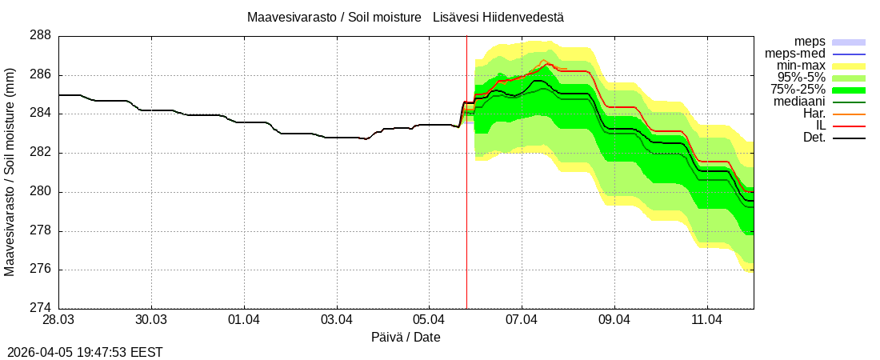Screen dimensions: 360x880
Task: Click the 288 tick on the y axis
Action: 41,35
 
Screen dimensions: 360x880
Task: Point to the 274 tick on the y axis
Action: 41,308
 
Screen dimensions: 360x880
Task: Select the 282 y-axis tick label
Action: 41,152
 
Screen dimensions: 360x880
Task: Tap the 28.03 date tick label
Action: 58,320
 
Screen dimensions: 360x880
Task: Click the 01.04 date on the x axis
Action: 243,320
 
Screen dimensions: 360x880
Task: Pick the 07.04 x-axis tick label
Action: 522,320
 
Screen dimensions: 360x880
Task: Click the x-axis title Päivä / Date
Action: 406,338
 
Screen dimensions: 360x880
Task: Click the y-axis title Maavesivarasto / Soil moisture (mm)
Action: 10,171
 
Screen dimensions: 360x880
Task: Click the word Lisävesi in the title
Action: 454,17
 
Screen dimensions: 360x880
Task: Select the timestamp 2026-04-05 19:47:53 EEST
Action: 85,351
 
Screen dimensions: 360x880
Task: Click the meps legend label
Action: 810,42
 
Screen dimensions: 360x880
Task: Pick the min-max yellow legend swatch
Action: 849,66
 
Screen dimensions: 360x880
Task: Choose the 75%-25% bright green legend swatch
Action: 849,90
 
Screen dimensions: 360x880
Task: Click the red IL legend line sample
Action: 849,126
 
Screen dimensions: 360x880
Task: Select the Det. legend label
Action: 814,138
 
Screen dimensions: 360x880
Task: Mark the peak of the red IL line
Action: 549,63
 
